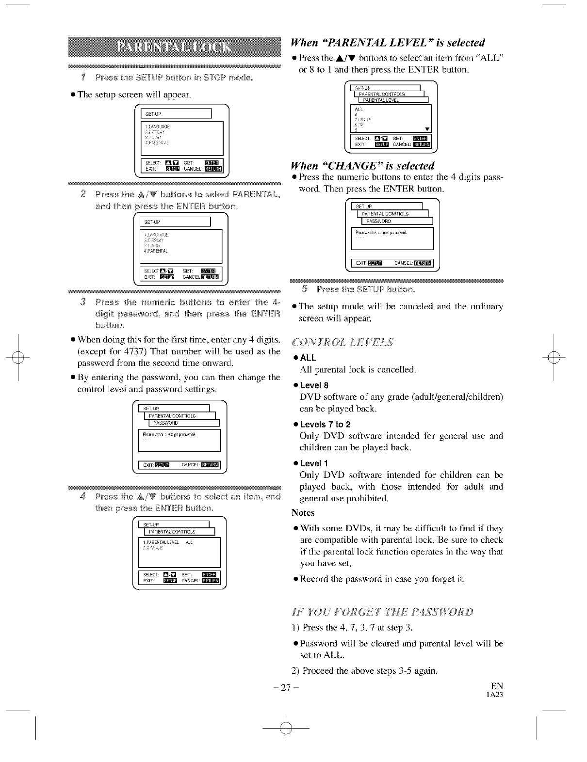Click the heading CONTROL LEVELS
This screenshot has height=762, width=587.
342,342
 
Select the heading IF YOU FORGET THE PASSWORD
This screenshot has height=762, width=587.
383,611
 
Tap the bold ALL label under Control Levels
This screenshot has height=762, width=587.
308,358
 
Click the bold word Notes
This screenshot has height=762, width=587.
303,512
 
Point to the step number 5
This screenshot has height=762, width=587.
304,289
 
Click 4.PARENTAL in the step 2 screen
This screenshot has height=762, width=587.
156,251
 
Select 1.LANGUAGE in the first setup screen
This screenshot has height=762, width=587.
157,127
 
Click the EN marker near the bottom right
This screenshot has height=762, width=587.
497,686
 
